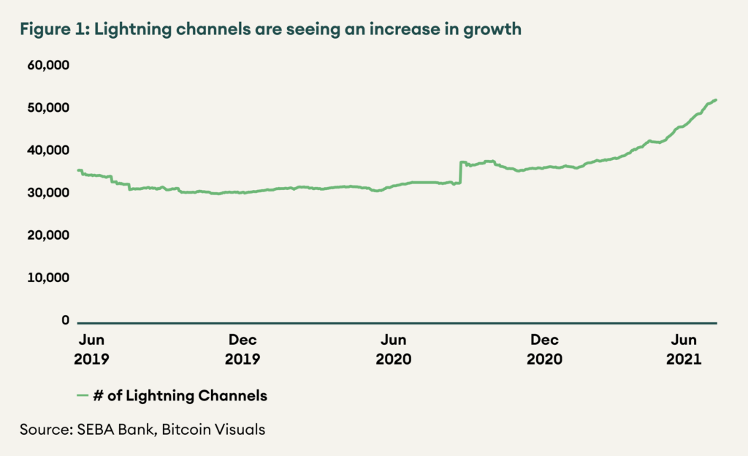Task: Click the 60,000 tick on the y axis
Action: click(x=49, y=65)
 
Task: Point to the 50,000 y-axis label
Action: click(x=49, y=107)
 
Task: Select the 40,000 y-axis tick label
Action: click(x=49, y=150)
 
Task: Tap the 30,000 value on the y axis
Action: click(x=49, y=193)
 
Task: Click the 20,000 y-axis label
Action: click(x=49, y=235)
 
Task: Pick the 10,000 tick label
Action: click(x=49, y=278)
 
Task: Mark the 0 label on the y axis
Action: click(x=65, y=320)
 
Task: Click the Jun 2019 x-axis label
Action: click(x=91, y=349)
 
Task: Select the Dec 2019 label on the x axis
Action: click(x=243, y=349)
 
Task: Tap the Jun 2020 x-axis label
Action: click(x=394, y=349)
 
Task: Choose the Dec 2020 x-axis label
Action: click(x=545, y=349)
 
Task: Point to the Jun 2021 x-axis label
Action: click(x=684, y=349)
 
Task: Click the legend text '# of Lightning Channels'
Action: click(x=180, y=396)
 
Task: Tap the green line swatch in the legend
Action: click(x=83, y=396)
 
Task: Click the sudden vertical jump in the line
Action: click(x=459, y=172)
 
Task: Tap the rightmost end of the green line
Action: click(x=717, y=99)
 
